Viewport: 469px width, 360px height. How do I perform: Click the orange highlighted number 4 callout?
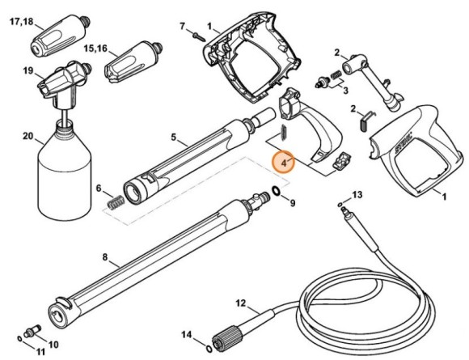point(285,163)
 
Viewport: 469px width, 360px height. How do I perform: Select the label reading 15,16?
point(96,49)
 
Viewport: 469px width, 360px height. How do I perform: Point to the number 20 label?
point(27,137)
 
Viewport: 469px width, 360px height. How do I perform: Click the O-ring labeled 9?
point(276,192)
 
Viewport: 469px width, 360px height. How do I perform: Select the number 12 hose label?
point(239,305)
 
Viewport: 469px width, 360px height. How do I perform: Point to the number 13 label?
point(357,195)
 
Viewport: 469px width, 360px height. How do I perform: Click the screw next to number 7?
point(197,33)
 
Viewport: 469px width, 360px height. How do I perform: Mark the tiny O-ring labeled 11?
point(19,337)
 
